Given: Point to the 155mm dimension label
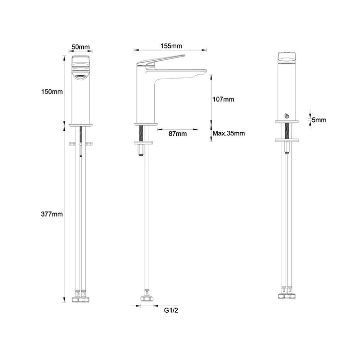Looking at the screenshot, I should pyautogui.click(x=171, y=46).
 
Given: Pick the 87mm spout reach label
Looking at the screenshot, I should pyautogui.click(x=178, y=133).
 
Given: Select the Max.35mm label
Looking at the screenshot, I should pyautogui.click(x=229, y=133).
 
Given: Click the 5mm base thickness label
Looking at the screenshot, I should pyautogui.click(x=319, y=120).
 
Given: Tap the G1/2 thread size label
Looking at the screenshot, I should pyautogui.click(x=171, y=310).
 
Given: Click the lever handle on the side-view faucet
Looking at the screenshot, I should pyautogui.click(x=162, y=59).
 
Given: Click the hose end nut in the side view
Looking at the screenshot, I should pyautogui.click(x=147, y=298).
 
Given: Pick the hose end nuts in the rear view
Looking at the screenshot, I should pyautogui.click(x=287, y=295).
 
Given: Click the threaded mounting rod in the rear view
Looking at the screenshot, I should pyautogui.click(x=287, y=131).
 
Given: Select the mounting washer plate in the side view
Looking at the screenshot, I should pyautogui.click(x=146, y=142).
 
